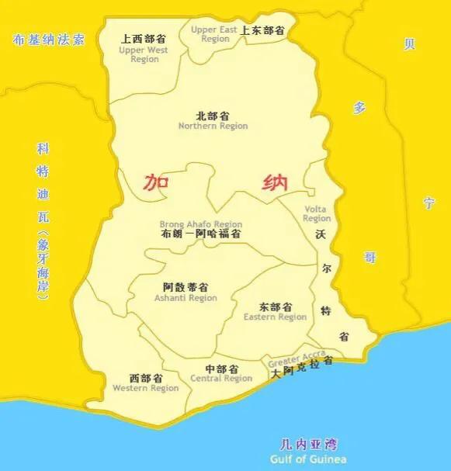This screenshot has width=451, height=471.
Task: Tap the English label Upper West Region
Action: click(144, 54)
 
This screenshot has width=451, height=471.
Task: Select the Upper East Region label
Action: click(215, 34)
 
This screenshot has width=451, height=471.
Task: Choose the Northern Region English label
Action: click(213, 126)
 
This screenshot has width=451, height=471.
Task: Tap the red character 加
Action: click(157, 183)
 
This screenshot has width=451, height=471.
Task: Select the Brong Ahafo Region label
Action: click(201, 224)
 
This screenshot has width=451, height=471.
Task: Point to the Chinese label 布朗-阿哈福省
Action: click(200, 234)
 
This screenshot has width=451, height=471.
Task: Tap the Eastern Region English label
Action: click(275, 317)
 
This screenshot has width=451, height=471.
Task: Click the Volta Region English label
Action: click(316, 213)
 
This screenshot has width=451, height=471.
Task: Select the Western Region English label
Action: click(145, 388)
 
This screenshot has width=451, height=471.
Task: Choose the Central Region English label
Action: click(221, 379)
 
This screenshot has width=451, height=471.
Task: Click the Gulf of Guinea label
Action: click(308, 459)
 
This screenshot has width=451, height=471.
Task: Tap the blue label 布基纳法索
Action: click(48, 39)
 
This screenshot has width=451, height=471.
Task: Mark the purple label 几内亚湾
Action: click(308, 445)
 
